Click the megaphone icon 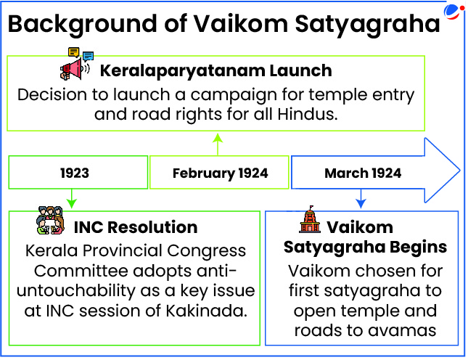click(75, 69)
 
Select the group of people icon click(50, 221)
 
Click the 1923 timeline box click(78, 172)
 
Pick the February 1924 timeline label click(221, 173)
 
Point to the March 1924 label click(363, 173)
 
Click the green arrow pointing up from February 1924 click(218, 144)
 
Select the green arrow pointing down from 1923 click(72, 198)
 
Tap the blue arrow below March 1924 click(361, 198)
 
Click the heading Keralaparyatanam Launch click(215, 70)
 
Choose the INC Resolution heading click(136, 227)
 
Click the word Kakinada click(207, 311)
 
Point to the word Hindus click(308, 114)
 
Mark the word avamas click(402, 331)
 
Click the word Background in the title click(83, 25)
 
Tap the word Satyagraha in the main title click(367, 25)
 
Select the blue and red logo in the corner click(454, 12)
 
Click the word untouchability click(75, 290)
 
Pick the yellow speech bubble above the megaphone click(73, 52)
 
